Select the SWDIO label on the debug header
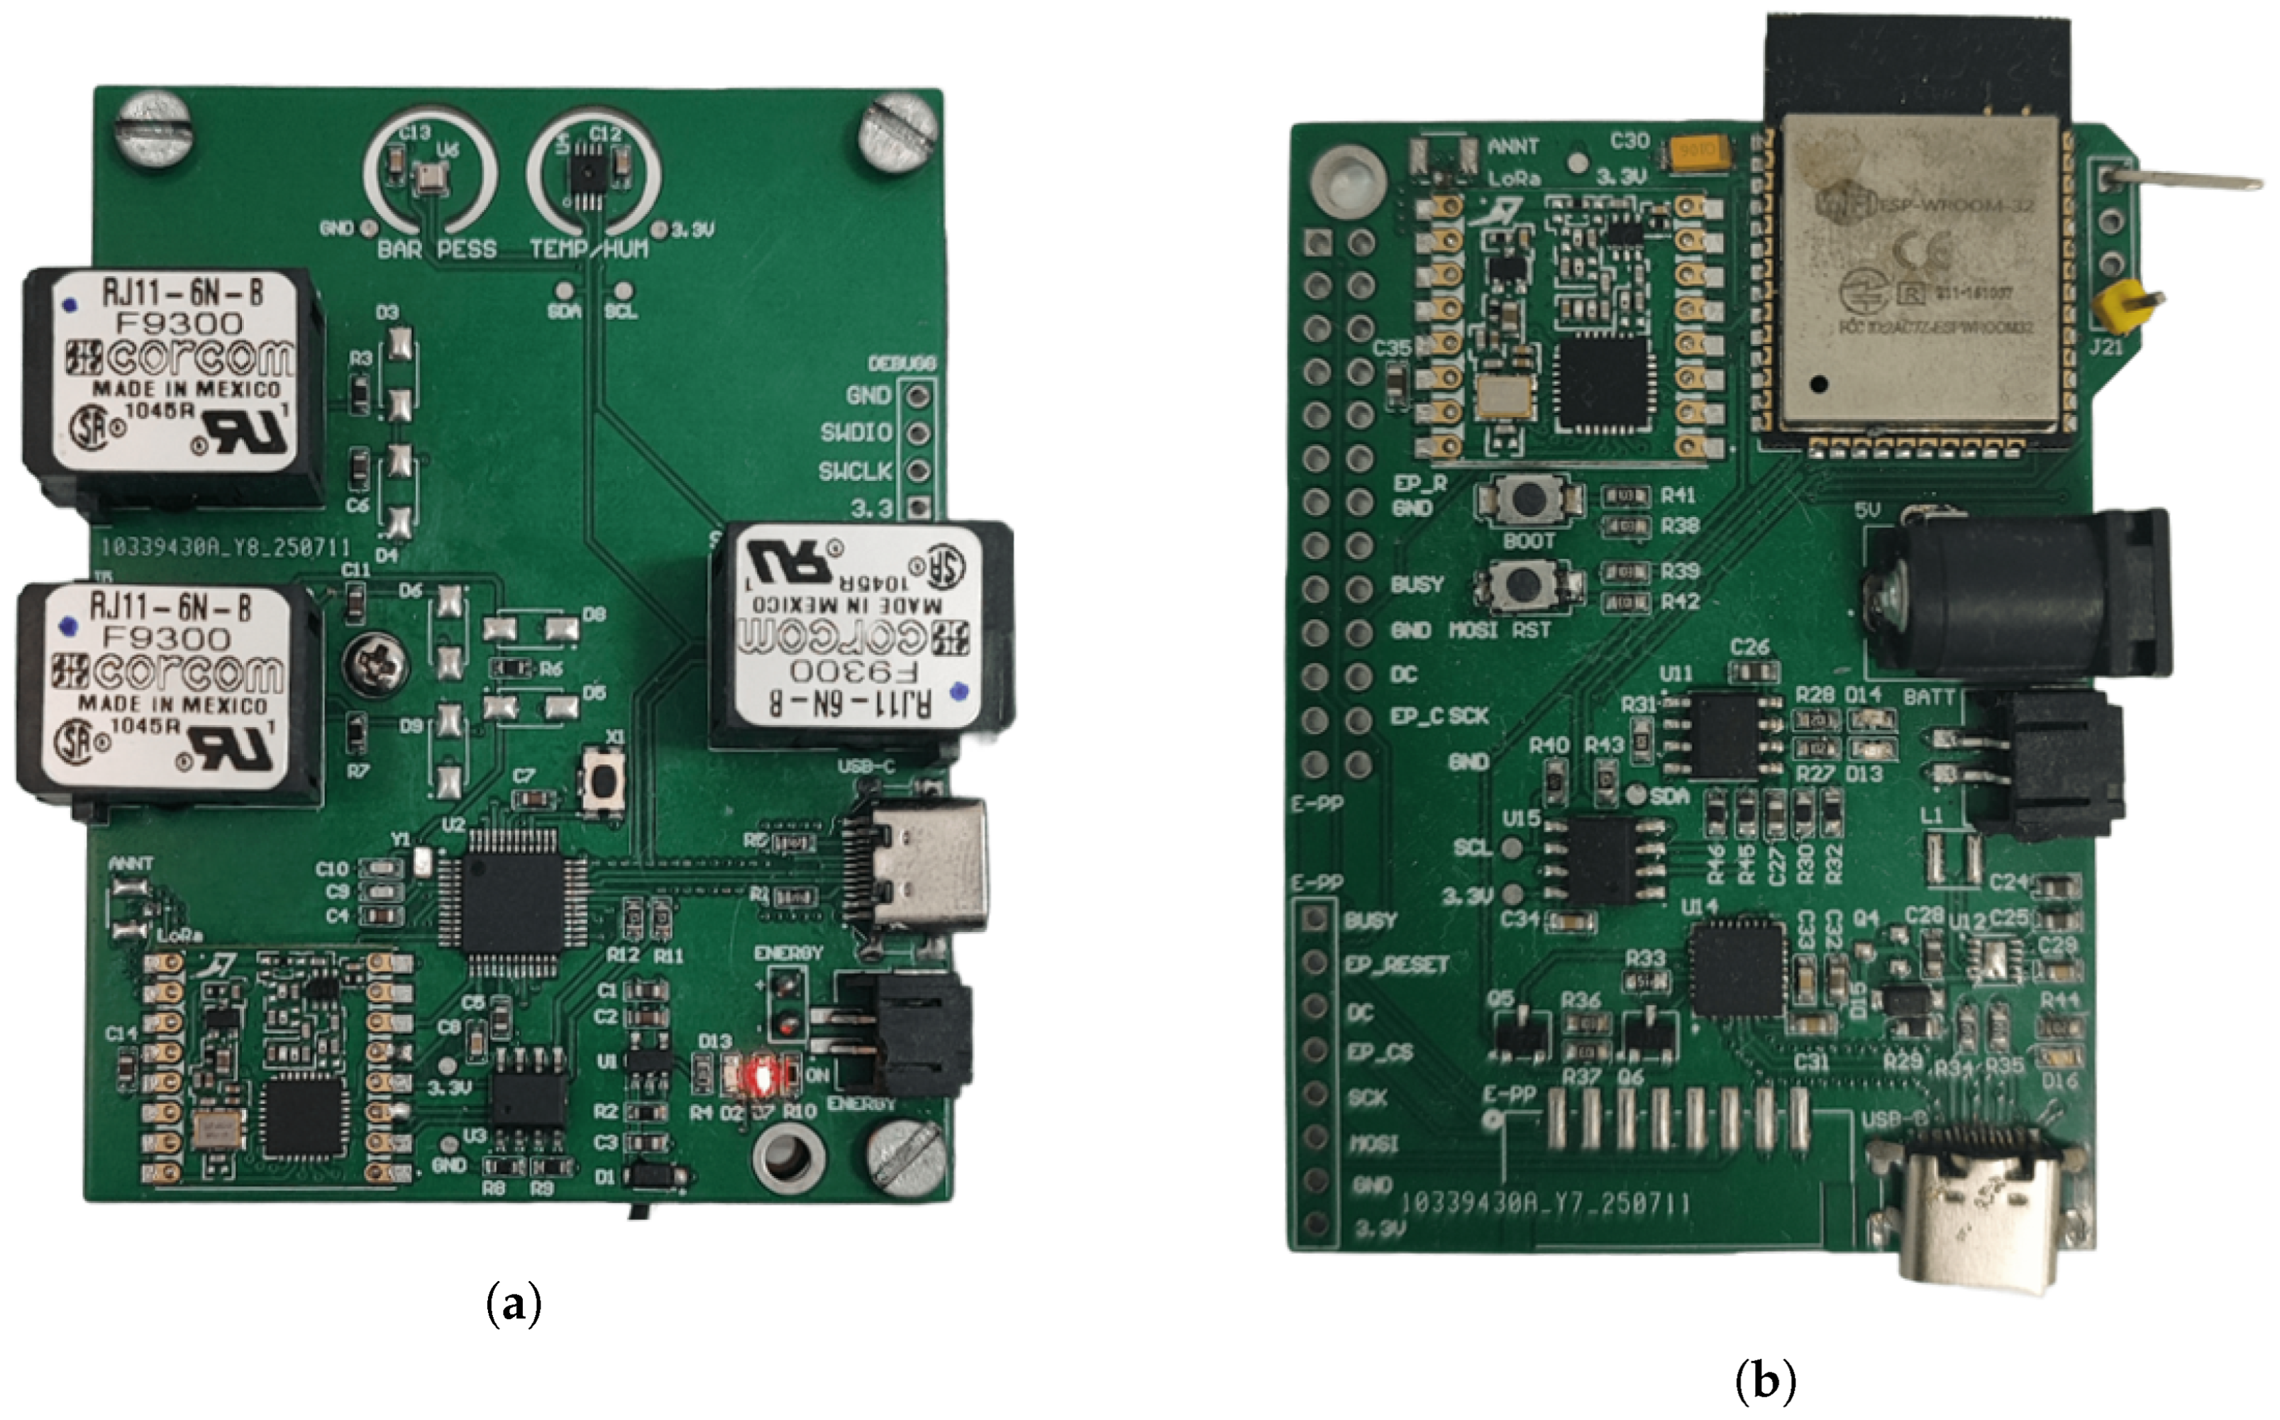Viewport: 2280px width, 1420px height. point(856,433)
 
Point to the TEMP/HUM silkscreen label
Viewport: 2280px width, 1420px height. point(589,250)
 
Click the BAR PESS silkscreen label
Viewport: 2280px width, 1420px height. point(437,250)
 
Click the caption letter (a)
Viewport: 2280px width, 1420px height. point(514,1305)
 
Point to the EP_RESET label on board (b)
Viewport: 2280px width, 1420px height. point(1396,965)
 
